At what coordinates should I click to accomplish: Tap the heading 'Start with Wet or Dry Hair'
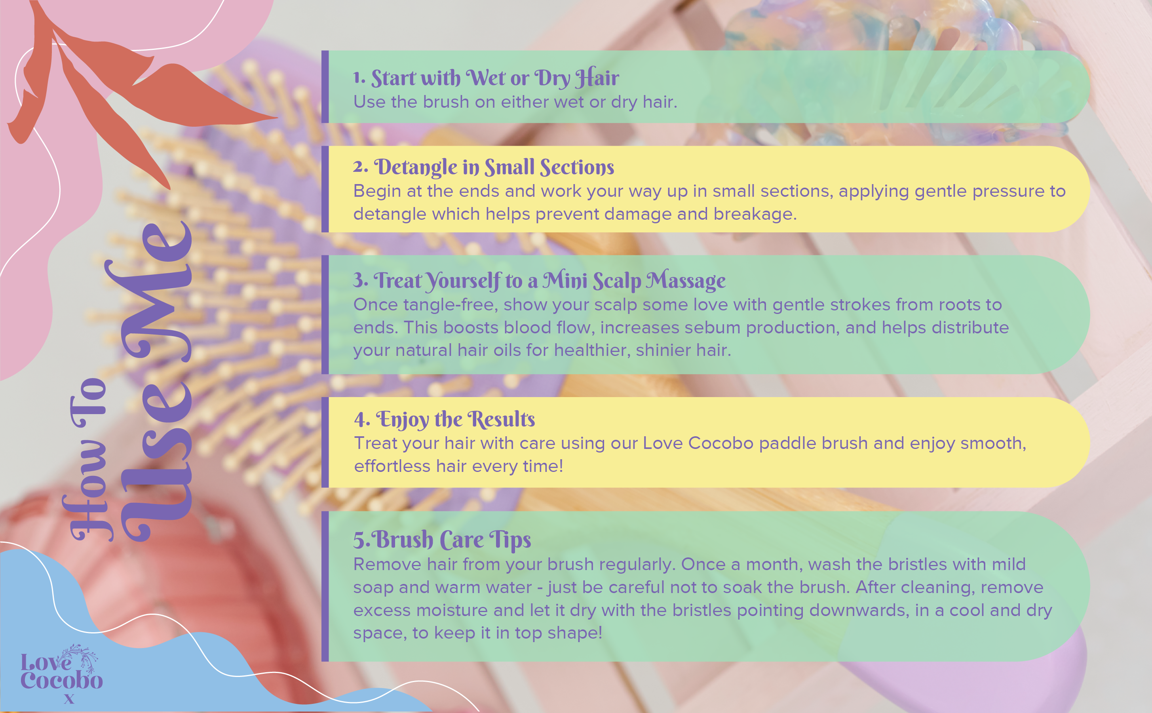pyautogui.click(x=495, y=78)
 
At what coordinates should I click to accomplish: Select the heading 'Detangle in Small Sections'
pyautogui.click(x=494, y=167)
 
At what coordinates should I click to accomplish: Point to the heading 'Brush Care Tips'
pyautogui.click(x=453, y=540)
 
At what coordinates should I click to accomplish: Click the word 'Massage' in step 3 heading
pyautogui.click(x=686, y=281)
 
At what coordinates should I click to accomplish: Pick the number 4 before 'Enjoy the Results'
pyautogui.click(x=361, y=420)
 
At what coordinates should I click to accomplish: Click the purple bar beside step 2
pyautogui.click(x=325, y=189)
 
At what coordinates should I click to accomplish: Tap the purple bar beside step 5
pyautogui.click(x=325, y=586)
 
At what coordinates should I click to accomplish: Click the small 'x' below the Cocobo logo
pyautogui.click(x=69, y=699)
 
